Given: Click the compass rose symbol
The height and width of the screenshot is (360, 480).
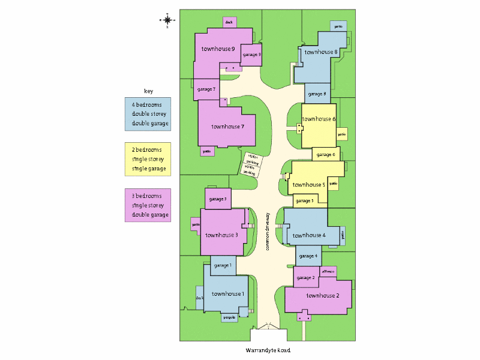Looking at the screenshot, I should [x=167, y=20].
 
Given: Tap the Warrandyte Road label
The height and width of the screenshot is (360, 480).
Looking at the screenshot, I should [x=268, y=350].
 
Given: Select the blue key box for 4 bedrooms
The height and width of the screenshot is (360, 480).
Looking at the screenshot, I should [x=148, y=114].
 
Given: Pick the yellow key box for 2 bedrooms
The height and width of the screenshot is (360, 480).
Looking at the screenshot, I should [x=148, y=159].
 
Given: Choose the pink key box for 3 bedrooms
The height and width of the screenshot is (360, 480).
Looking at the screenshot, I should [x=148, y=205].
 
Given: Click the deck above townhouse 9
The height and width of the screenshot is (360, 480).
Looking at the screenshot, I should [x=229, y=22].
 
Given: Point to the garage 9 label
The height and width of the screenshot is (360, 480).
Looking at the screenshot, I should [x=251, y=54].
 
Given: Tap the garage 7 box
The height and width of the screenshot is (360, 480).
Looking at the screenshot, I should [x=206, y=89].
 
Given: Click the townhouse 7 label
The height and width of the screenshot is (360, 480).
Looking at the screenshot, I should [x=227, y=127].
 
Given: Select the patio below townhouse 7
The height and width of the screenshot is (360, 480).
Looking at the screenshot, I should [x=207, y=151].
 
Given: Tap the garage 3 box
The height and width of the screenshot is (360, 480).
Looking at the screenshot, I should [x=217, y=199].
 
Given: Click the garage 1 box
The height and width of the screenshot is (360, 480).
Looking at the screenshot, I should [x=223, y=265].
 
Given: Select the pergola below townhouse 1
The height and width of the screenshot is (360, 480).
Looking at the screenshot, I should [x=229, y=317].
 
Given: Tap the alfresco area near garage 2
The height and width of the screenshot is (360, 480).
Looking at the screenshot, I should [x=328, y=272].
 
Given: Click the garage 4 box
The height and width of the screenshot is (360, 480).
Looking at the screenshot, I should [x=308, y=256].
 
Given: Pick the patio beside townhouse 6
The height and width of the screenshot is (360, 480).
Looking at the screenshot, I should [x=342, y=134].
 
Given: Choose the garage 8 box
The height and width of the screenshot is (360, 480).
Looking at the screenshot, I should [x=317, y=94].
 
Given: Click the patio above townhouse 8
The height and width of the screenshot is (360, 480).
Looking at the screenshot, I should [x=338, y=26].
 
